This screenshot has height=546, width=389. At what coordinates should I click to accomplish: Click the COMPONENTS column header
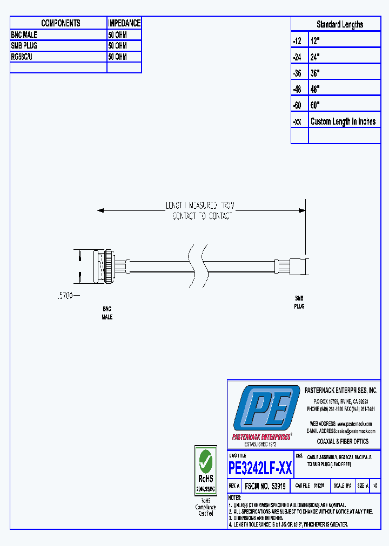click(61, 23)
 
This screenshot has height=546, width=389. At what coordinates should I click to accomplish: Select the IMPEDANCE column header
click(124, 23)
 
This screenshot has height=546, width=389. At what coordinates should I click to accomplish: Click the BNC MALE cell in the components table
click(24, 35)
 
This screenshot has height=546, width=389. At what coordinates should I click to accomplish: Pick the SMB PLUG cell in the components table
click(24, 46)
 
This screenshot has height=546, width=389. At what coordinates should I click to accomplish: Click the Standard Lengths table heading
click(339, 24)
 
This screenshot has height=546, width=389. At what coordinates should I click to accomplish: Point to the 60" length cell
click(316, 105)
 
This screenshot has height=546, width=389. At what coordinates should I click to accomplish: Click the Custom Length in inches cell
click(343, 121)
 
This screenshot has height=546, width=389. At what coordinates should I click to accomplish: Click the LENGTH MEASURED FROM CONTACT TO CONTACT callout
click(202, 210)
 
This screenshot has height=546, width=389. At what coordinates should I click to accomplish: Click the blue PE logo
click(266, 408)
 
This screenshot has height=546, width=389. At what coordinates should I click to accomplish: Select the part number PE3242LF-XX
click(260, 468)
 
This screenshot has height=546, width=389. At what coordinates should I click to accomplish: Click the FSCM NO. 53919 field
click(265, 486)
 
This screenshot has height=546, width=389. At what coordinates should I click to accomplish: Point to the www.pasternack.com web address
click(354, 424)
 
